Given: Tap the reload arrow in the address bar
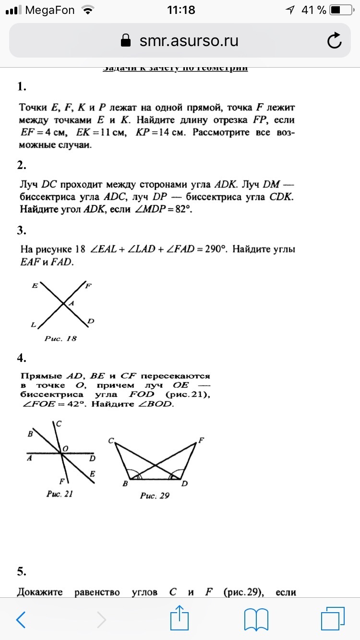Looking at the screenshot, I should pos(334,41).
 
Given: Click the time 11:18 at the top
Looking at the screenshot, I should pos(181,10).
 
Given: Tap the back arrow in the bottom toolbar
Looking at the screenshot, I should pos(21,619).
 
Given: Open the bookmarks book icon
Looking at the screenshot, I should pos(256,619).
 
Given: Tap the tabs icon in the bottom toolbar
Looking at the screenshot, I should pos(333,619).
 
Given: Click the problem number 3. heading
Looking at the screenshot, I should pos(21,230).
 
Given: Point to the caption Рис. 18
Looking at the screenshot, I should pos(60,339).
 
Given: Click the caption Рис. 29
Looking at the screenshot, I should pos(155,496).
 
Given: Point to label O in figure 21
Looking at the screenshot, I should pos(66,448).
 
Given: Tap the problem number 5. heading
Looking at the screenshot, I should pos(21,571).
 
